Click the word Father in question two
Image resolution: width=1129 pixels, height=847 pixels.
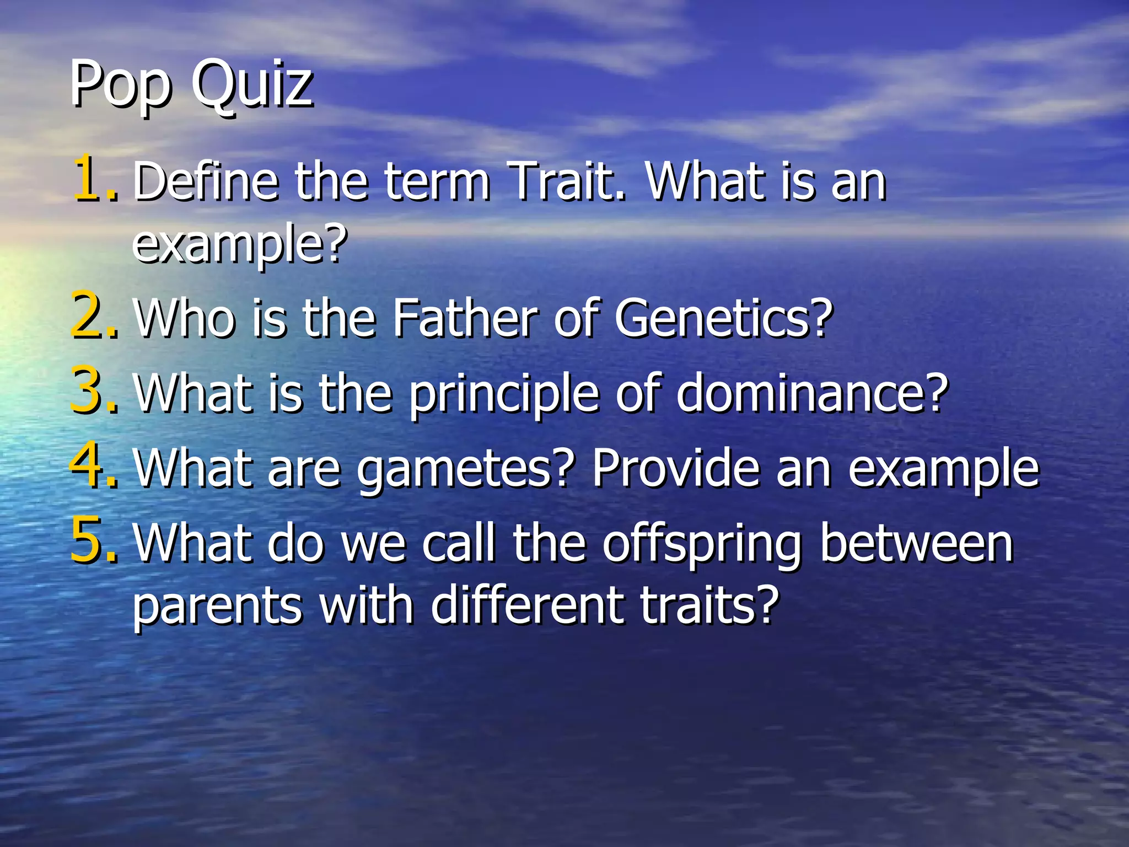pyautogui.click(x=465, y=318)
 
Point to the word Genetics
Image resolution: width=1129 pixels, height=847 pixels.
pyautogui.click(x=722, y=318)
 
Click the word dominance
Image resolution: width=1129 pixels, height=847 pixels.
pyautogui.click(x=811, y=393)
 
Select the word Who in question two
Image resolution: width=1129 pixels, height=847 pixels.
pyautogui.click(x=185, y=318)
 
